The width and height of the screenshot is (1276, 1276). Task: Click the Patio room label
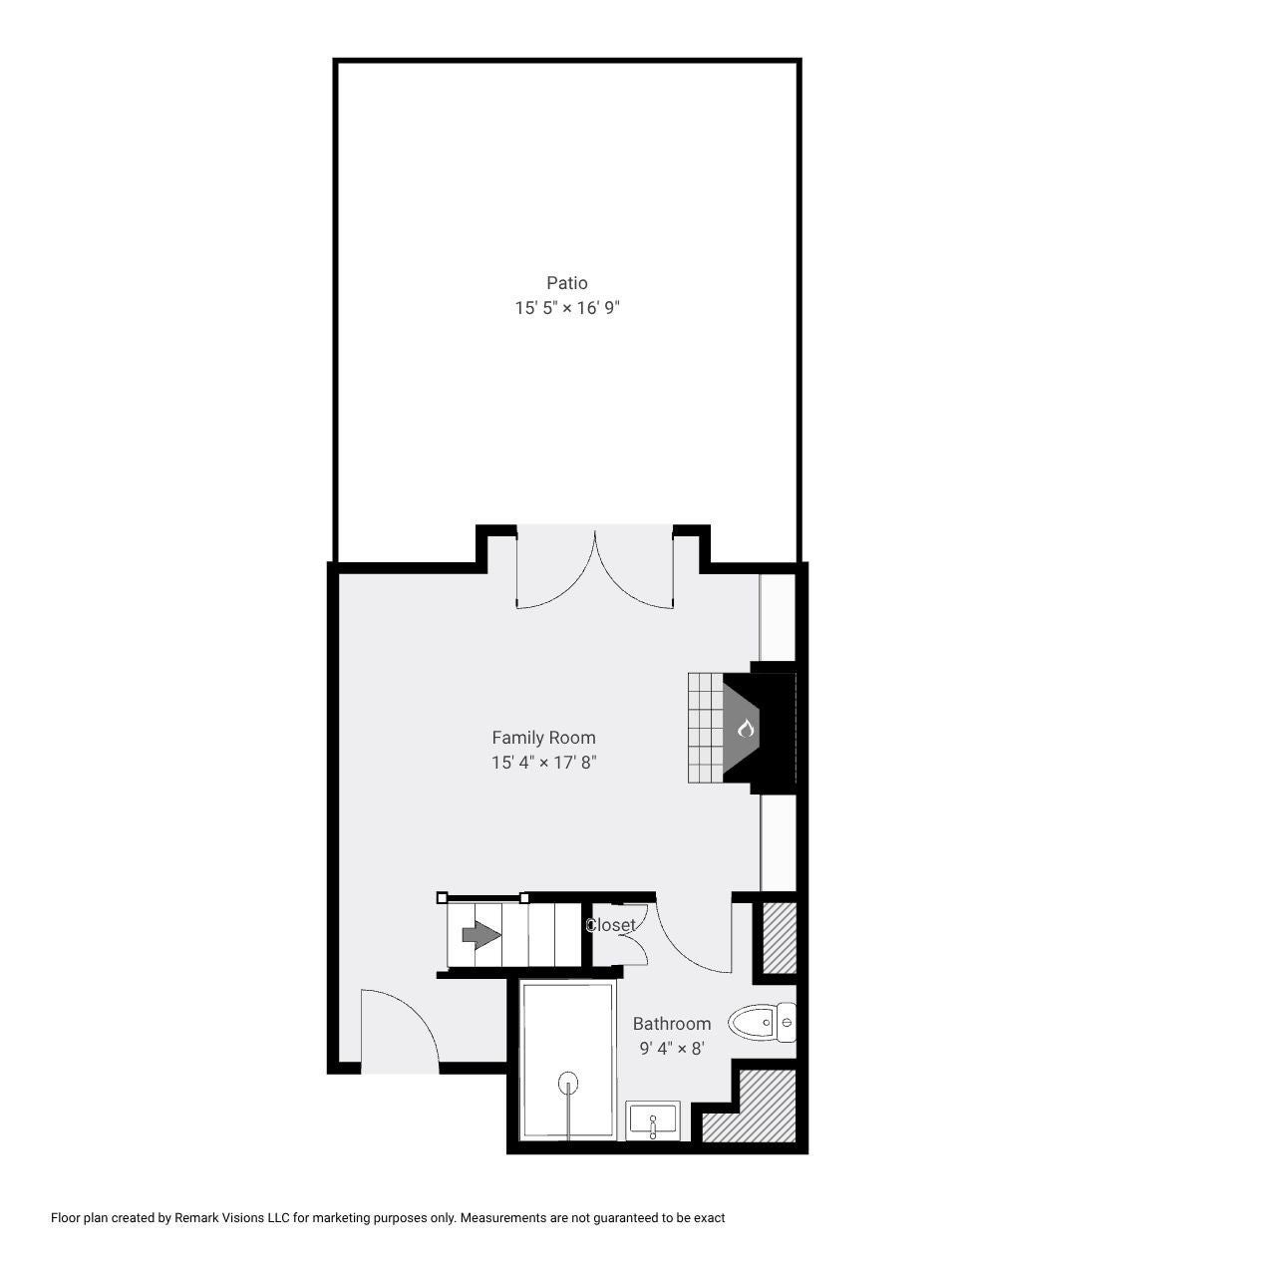[567, 283]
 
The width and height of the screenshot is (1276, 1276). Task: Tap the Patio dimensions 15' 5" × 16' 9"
[567, 309]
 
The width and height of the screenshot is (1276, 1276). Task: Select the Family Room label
[543, 738]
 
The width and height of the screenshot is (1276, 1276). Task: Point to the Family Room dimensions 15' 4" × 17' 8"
[543, 763]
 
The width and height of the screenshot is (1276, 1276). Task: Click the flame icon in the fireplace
[746, 729]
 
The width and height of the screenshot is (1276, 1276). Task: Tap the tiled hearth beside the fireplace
[705, 728]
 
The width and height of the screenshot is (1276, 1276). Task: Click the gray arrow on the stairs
[481, 935]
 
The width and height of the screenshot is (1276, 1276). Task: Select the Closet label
[610, 925]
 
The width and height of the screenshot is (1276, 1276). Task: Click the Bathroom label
[672, 1024]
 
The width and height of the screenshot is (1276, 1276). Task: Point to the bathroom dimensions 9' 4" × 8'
[672, 1049]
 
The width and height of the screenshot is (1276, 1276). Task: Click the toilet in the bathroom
[763, 1023]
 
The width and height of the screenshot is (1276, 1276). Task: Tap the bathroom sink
[653, 1121]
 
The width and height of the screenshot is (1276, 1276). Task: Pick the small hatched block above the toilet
[780, 938]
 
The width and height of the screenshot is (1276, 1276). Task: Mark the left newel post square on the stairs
[442, 898]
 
